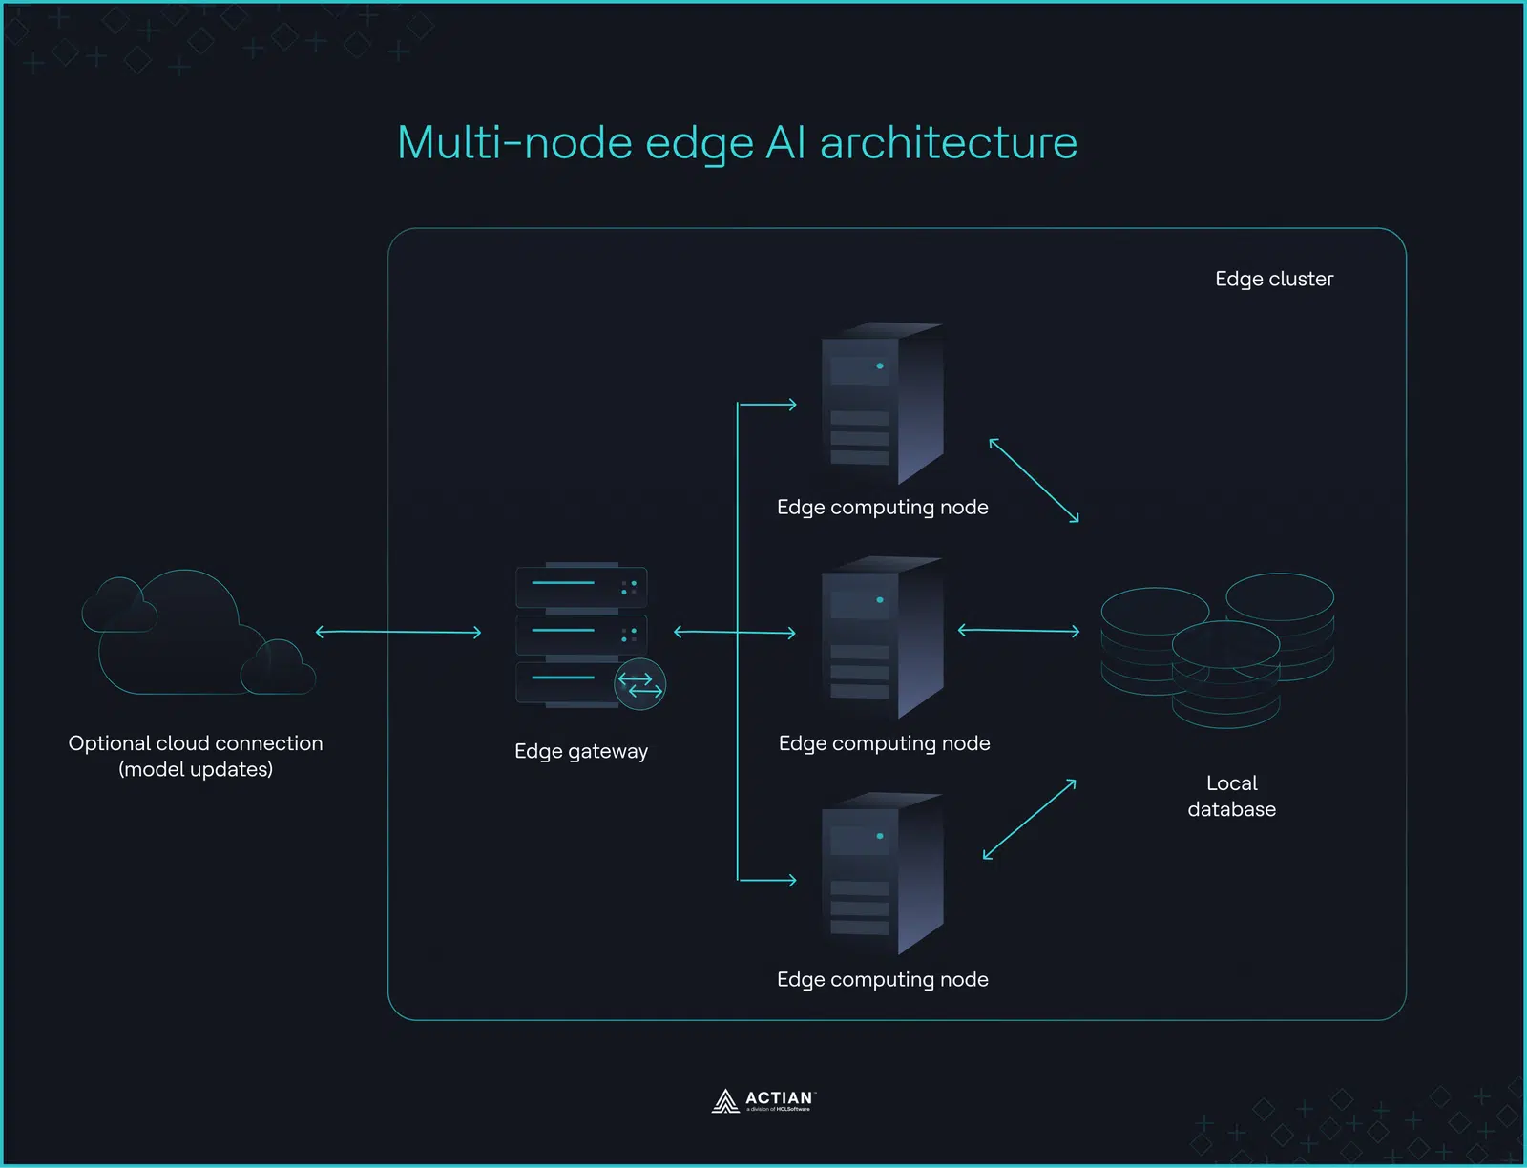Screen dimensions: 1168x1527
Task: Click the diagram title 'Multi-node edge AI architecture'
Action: point(737,143)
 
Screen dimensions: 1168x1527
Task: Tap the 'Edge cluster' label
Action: point(1273,279)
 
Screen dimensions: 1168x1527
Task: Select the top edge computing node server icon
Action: point(882,405)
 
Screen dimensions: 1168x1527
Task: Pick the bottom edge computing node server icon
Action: point(882,874)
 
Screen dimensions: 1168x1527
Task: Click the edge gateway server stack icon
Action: point(580,634)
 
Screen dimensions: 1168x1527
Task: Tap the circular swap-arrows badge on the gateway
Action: point(639,684)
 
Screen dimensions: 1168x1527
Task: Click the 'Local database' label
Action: point(1231,796)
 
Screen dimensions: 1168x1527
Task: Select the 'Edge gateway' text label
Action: point(580,751)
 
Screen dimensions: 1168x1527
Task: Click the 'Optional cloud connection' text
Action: point(196,743)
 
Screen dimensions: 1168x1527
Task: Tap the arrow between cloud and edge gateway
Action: point(398,632)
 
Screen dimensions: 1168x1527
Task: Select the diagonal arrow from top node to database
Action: point(1034,480)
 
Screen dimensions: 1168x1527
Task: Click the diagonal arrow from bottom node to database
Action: point(1029,819)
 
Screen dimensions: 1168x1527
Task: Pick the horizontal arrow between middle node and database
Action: point(1018,631)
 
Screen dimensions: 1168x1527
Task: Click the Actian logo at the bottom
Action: point(763,1101)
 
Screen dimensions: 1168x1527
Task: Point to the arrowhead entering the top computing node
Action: point(791,405)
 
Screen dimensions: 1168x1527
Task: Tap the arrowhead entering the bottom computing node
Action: point(791,880)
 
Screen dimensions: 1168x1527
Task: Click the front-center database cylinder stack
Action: point(1225,673)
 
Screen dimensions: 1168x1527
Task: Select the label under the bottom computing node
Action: point(882,979)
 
